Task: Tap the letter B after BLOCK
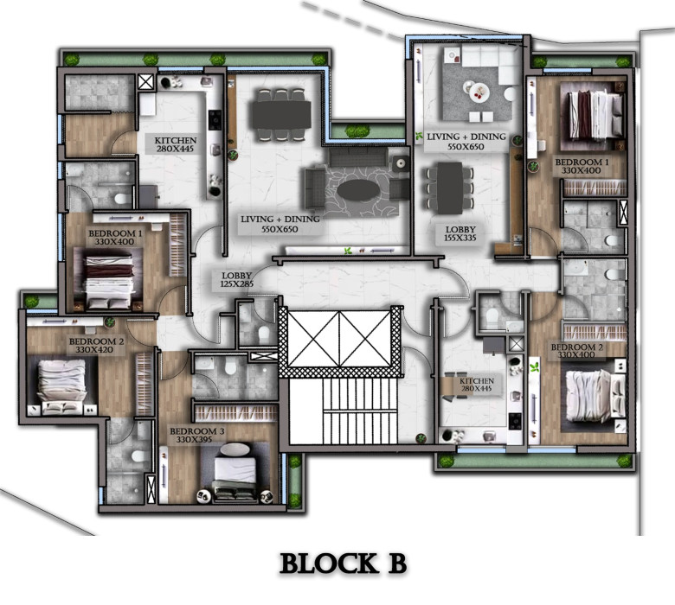[x=397, y=564]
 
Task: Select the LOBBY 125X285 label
[x=237, y=279]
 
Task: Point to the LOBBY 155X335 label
[x=460, y=233]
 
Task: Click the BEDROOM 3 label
[x=196, y=431]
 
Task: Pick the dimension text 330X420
[x=94, y=349]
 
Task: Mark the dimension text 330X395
[x=194, y=439]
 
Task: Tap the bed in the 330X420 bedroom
[x=61, y=386]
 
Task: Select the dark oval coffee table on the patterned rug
[x=358, y=190]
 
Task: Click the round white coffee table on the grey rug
[x=477, y=91]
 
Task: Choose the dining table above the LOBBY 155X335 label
[x=450, y=188]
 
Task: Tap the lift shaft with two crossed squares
[x=339, y=339]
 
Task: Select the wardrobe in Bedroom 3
[x=236, y=413]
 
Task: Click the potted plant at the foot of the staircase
[x=421, y=438]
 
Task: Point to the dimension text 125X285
[x=237, y=283]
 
